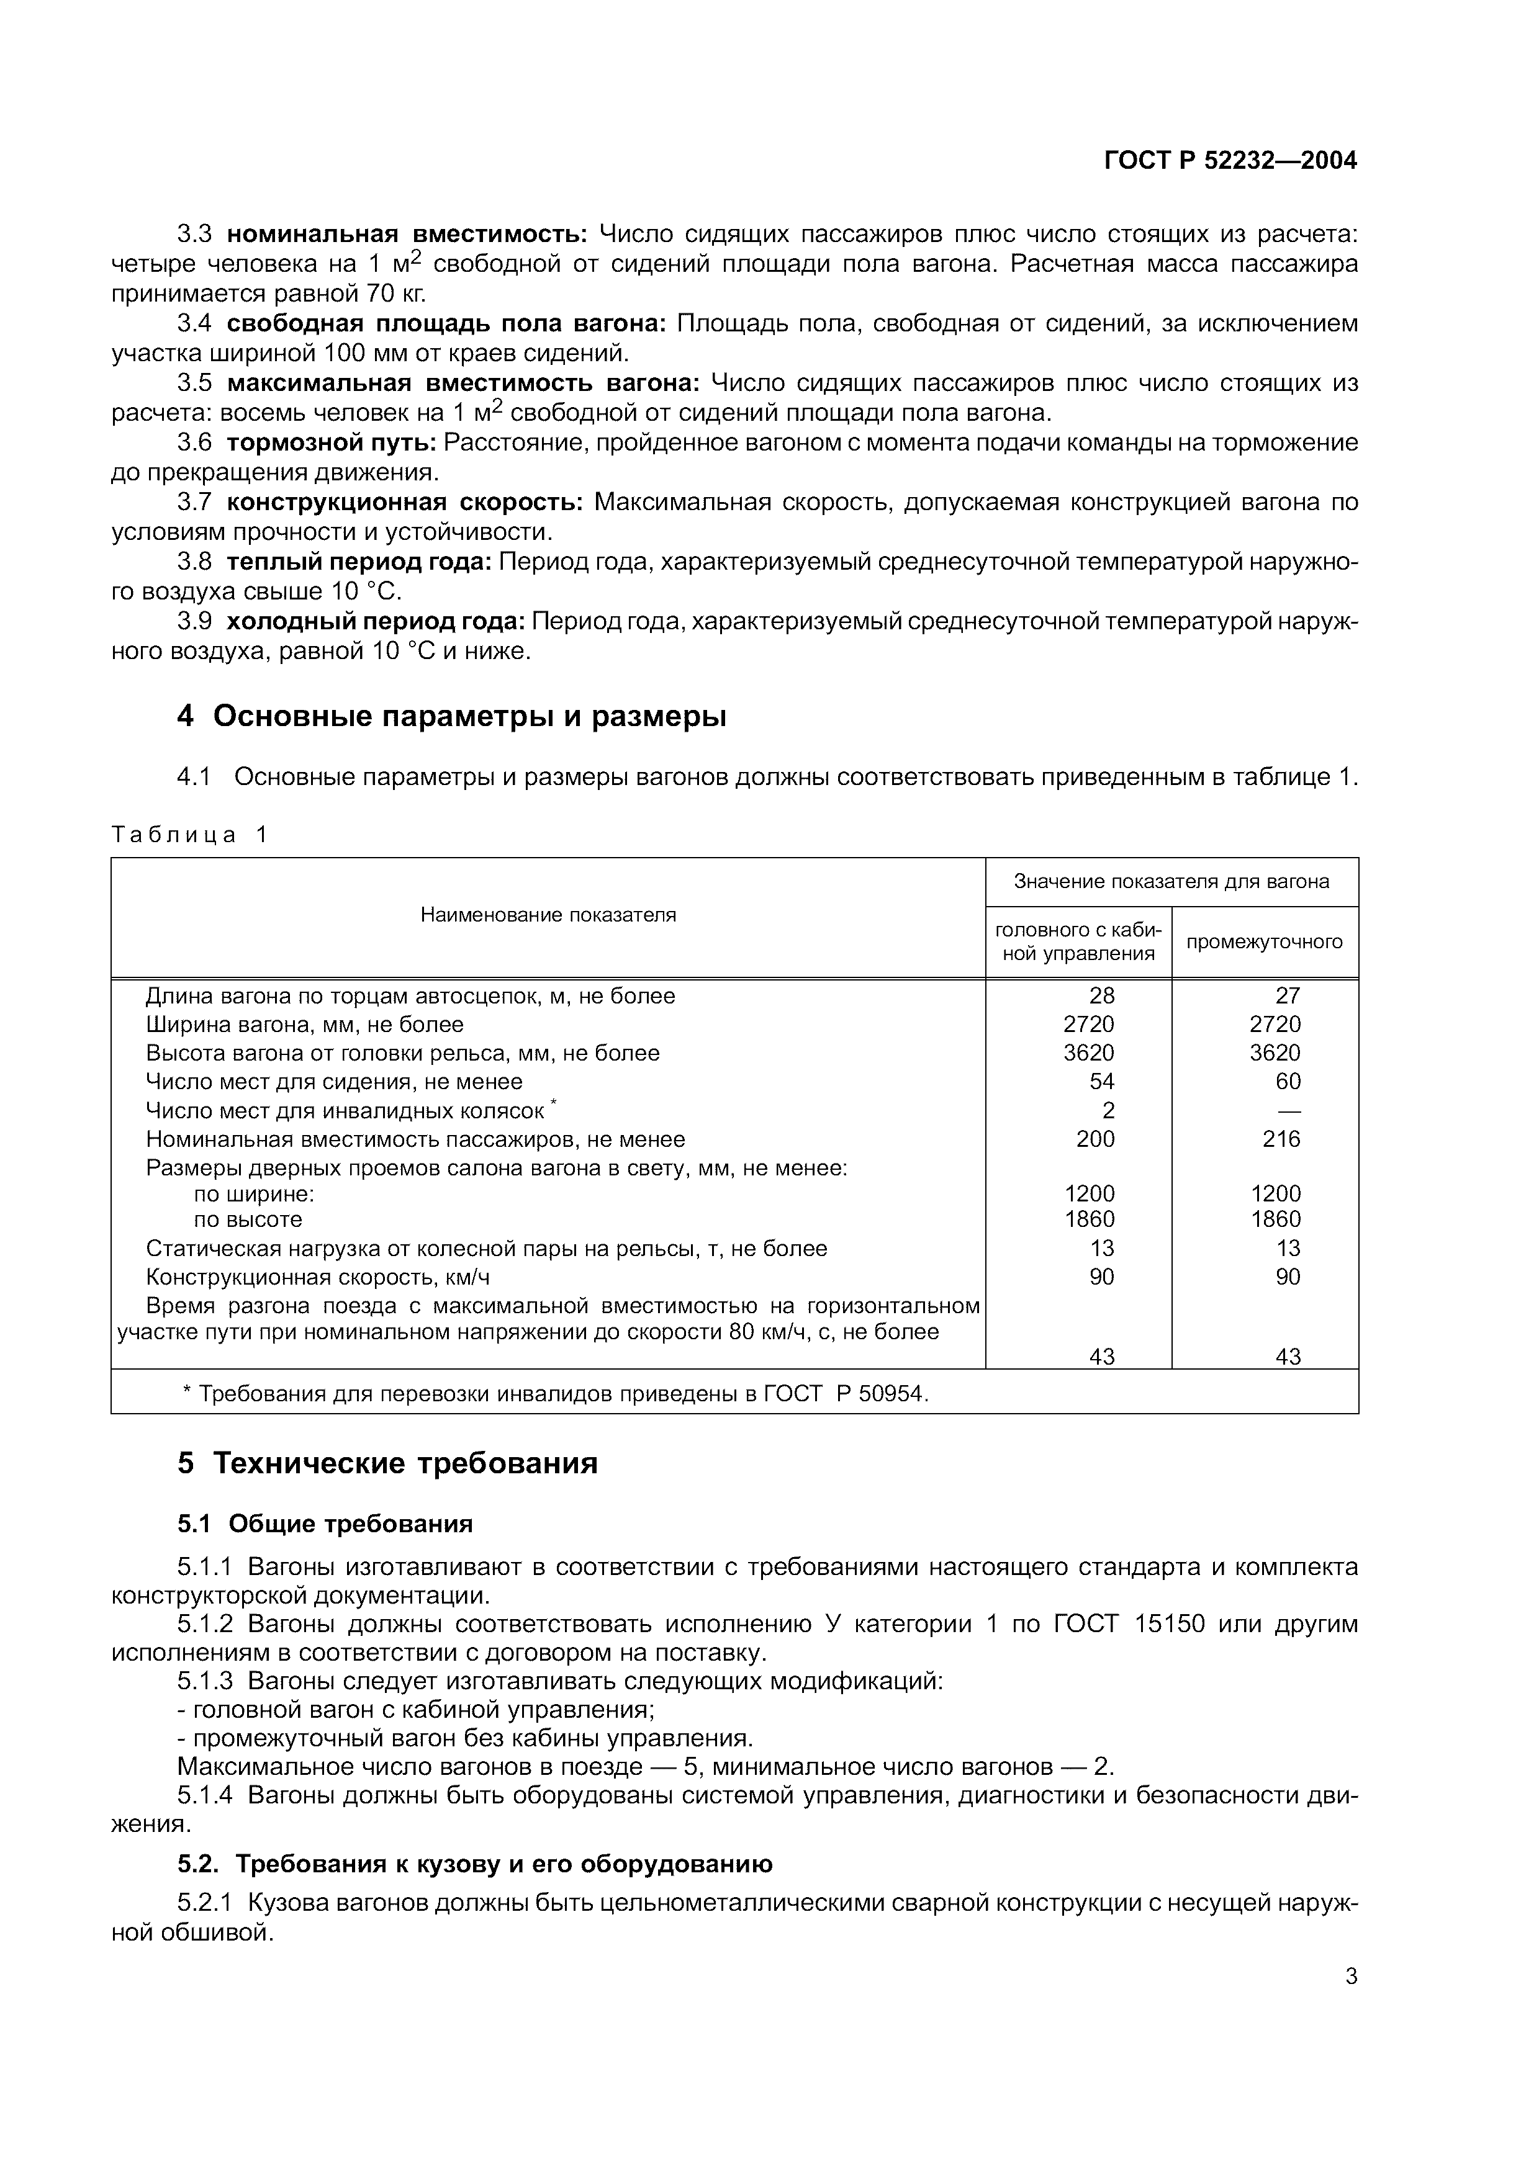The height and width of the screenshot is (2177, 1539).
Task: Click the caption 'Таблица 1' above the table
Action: click(189, 835)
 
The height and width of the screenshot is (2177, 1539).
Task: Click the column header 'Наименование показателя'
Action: click(548, 915)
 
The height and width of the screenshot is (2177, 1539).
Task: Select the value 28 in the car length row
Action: click(1102, 995)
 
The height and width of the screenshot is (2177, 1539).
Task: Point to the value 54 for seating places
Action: click(1102, 1082)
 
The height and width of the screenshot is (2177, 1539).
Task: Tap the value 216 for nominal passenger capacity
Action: click(1281, 1139)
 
